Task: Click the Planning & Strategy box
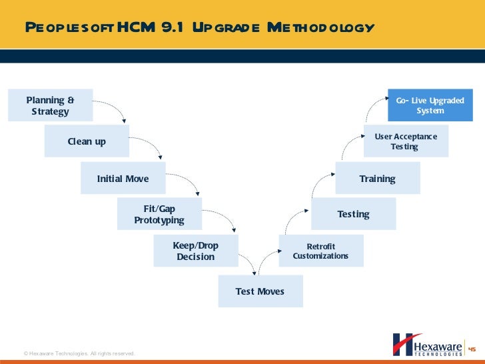[50, 105]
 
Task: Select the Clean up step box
[87, 141]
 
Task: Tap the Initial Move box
[123, 179]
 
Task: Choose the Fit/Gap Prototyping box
[159, 214]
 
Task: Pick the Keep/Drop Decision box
[195, 251]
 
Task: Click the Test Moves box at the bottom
[260, 291]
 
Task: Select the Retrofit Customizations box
[320, 251]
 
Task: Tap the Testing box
[353, 214]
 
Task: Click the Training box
[377, 179]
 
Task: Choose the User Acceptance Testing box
[406, 141]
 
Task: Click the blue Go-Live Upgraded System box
[430, 105]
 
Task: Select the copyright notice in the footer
[79, 353]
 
